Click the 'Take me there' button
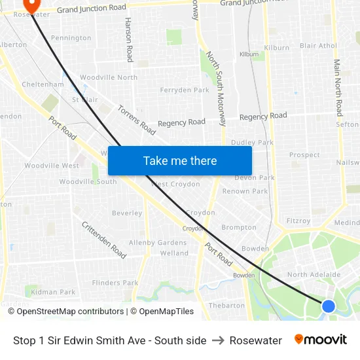point(180,160)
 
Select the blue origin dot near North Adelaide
point(329,306)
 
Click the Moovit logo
point(320,340)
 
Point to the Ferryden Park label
point(184,90)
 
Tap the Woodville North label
point(109,77)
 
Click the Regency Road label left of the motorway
point(181,122)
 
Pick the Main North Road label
point(338,88)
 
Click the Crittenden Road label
point(104,239)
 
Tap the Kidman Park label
point(53,292)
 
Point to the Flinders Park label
point(115,283)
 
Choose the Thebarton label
point(226,306)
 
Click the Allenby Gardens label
point(158,243)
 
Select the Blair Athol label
point(318,46)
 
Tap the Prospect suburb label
point(304,155)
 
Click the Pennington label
point(71,38)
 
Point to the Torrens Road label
point(136,120)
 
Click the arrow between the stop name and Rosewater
point(218,340)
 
